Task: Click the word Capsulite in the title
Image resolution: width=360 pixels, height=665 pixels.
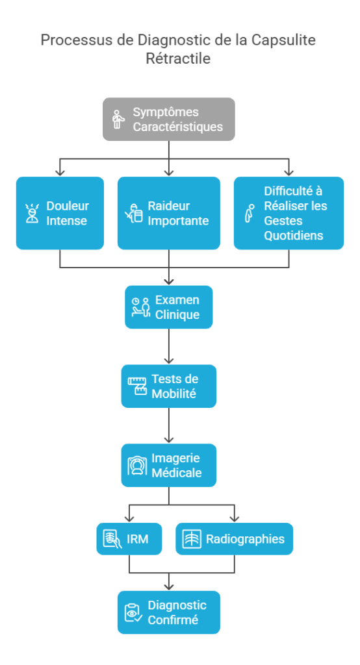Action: (283, 40)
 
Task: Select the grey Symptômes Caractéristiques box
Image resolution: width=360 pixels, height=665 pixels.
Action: (168, 119)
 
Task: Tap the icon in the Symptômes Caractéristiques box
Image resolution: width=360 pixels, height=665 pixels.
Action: (118, 119)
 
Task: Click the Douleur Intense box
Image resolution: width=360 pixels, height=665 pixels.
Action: (60, 213)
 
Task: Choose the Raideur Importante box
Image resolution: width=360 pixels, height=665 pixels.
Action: (168, 213)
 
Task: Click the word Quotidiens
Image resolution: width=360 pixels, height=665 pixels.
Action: (293, 235)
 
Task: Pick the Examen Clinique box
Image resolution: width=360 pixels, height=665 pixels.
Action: (168, 307)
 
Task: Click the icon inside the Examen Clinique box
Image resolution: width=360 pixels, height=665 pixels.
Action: (140, 307)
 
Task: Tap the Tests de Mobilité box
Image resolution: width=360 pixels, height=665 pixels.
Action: (168, 386)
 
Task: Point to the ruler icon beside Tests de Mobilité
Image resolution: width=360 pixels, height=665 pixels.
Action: (136, 386)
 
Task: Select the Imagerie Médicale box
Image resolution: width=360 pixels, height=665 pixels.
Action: (168, 465)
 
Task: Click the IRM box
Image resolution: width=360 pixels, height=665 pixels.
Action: (129, 539)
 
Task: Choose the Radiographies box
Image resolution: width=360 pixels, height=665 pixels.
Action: (234, 539)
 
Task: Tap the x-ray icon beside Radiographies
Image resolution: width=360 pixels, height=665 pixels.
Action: (191, 539)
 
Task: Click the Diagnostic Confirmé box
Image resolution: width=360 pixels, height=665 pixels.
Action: (168, 612)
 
